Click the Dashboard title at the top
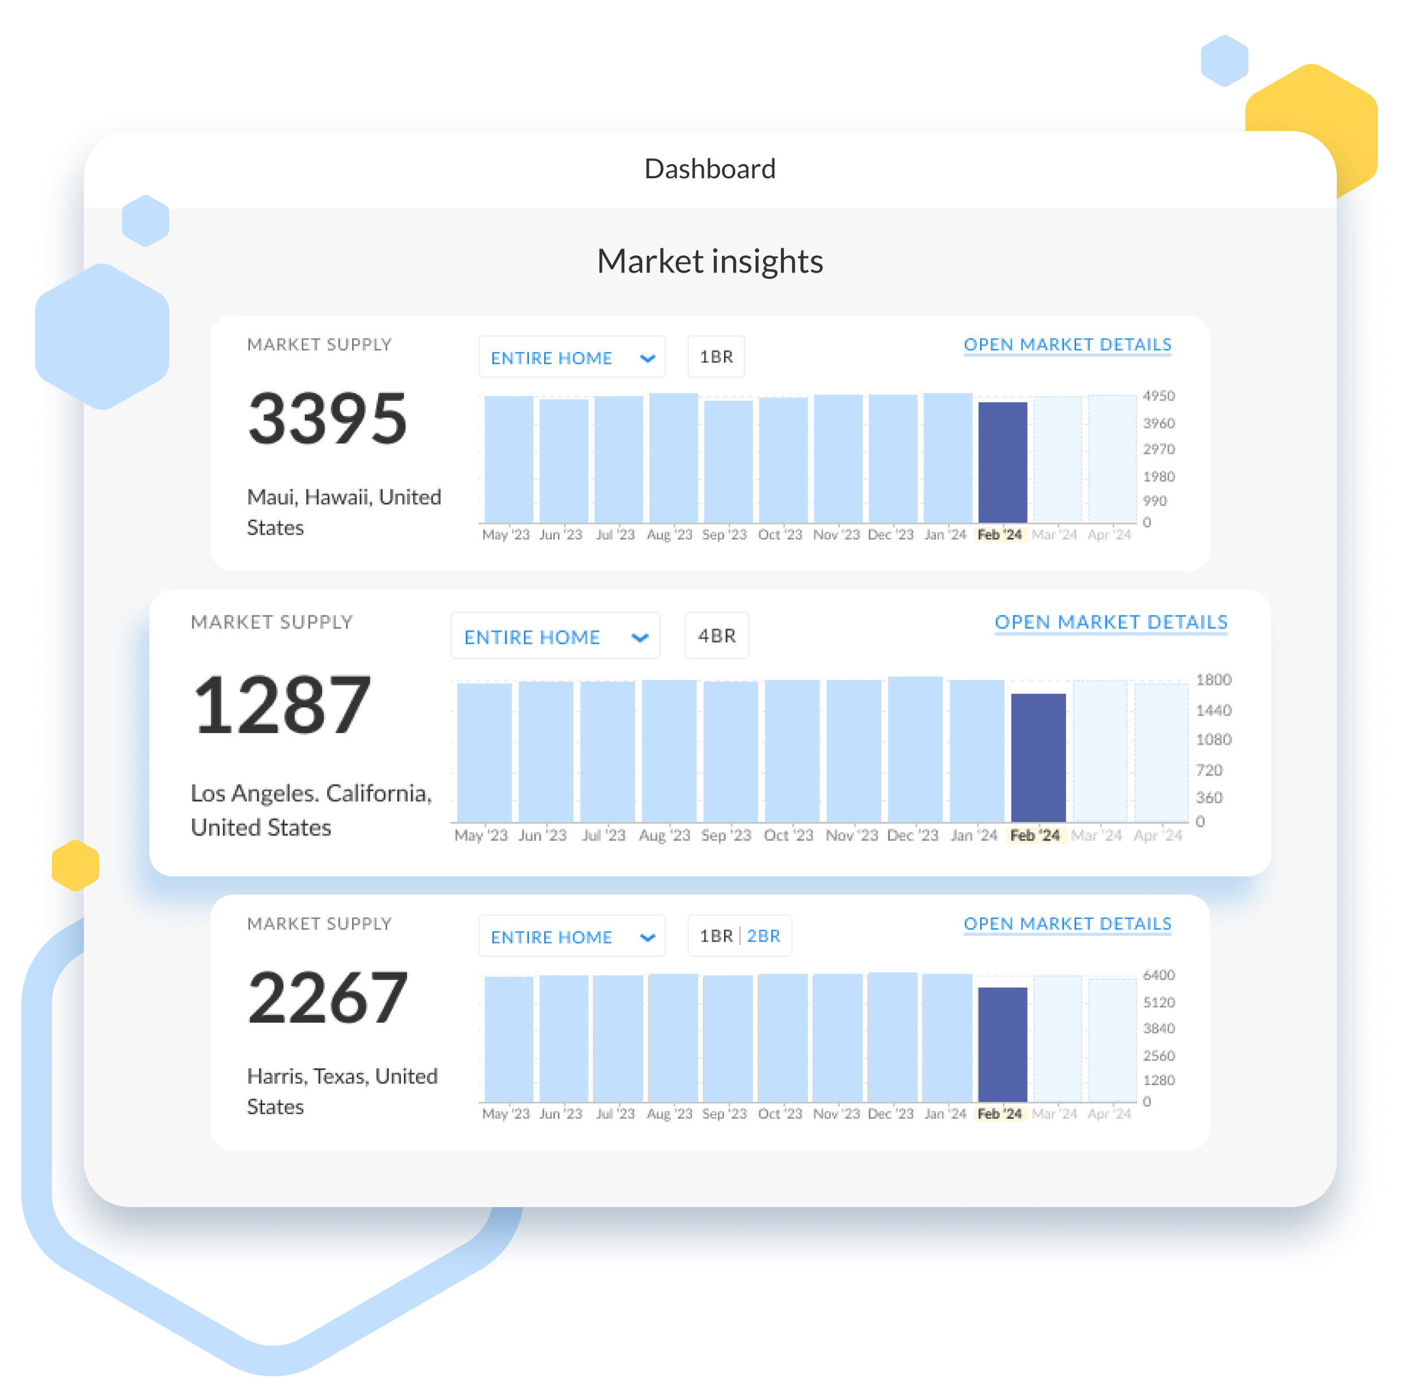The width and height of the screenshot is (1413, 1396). [x=709, y=169]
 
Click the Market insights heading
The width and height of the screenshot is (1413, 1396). [x=709, y=261]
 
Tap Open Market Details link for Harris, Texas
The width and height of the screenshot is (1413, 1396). [x=1067, y=924]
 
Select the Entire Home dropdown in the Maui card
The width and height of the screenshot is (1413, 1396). [x=572, y=358]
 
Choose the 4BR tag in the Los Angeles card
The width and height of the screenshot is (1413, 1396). [x=717, y=635]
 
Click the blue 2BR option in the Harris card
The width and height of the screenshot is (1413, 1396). [x=764, y=936]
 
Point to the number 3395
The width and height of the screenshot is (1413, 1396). [x=327, y=418]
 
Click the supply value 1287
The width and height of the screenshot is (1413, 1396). [x=281, y=705]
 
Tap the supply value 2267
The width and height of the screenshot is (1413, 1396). [x=327, y=997]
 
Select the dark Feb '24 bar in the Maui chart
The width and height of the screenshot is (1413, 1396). [x=1003, y=462]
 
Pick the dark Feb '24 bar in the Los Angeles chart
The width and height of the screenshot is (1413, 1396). [x=1038, y=757]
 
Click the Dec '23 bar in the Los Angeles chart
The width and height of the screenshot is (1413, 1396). [x=915, y=749]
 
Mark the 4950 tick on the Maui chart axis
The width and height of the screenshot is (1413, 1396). [x=1159, y=396]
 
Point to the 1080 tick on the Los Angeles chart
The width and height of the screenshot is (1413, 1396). [x=1213, y=739]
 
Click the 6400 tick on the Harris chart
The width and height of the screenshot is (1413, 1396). [x=1159, y=975]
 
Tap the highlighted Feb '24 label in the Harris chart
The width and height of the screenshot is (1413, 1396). [x=1000, y=1114]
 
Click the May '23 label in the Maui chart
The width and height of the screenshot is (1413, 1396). [x=505, y=535]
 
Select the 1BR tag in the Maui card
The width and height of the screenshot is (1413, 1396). [x=716, y=357]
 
